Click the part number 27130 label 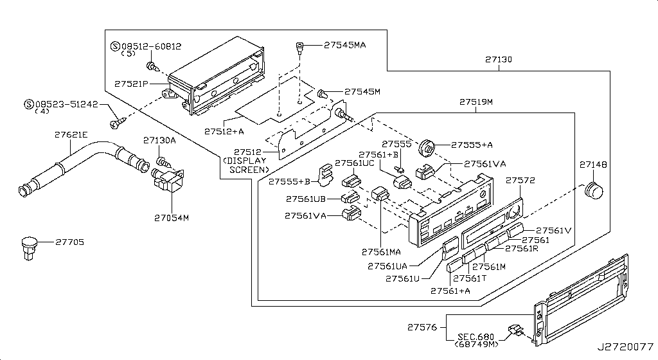499,59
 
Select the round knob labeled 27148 593,191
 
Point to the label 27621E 71,135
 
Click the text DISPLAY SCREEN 245,165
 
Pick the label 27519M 476,102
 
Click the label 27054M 172,218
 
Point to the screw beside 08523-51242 117,121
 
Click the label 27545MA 344,46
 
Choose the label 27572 520,181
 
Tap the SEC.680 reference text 477,337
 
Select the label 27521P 132,84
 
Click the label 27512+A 224,131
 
